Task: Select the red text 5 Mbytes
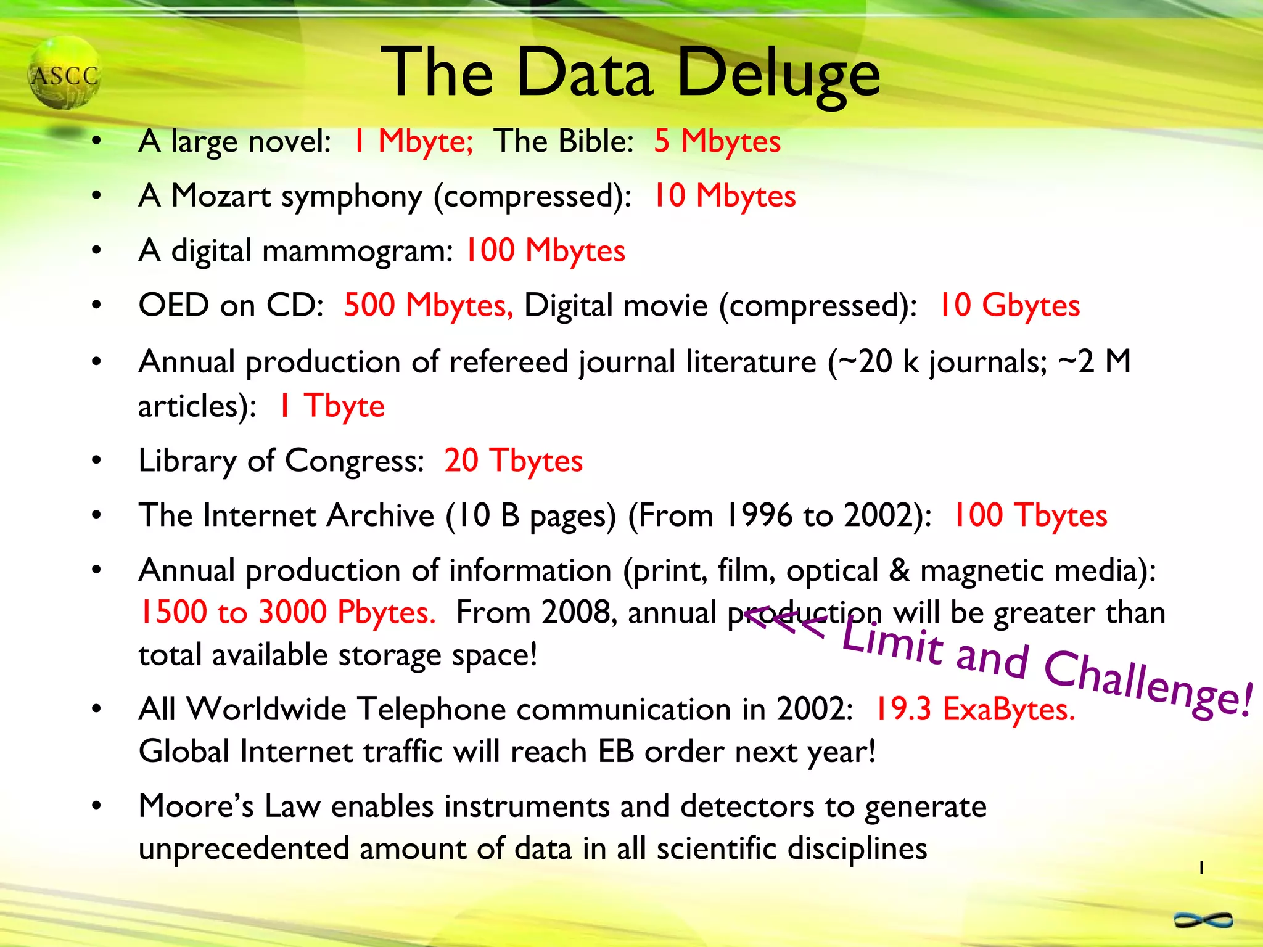717,141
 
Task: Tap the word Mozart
221,196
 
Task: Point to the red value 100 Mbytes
545,251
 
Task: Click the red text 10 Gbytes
1009,306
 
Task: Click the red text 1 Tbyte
332,406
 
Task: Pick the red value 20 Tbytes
513,461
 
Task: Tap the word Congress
354,461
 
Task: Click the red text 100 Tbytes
1030,515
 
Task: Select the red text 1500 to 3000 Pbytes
287,613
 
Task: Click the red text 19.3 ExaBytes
974,709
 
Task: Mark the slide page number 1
1201,868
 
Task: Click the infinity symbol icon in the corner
1203,920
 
